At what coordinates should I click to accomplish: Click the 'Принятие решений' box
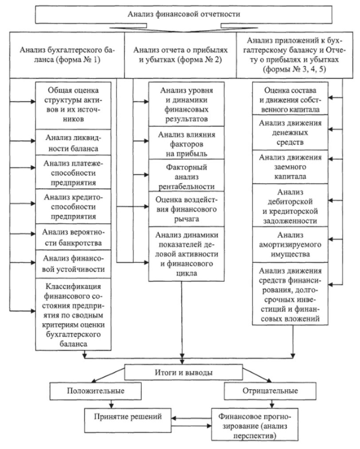click(x=126, y=417)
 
